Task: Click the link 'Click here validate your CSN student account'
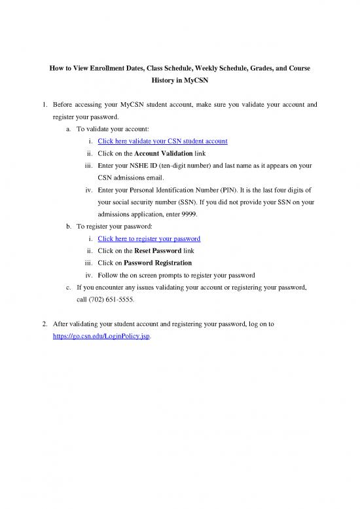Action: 162,141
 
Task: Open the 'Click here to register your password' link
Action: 149,238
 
